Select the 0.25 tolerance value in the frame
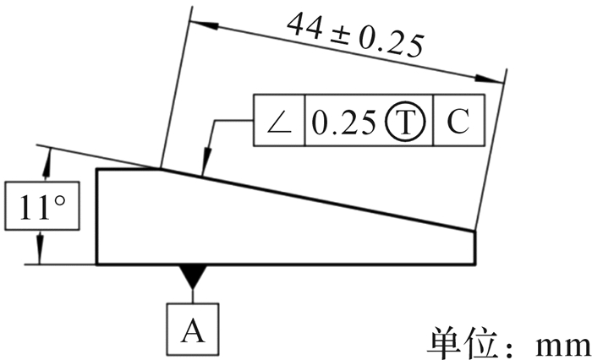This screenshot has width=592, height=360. click(x=343, y=123)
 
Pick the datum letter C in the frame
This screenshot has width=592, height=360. click(x=458, y=123)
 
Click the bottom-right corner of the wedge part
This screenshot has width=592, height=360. click(x=474, y=265)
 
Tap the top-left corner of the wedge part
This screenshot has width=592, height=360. click(x=98, y=170)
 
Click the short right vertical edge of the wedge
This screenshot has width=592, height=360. click(x=474, y=247)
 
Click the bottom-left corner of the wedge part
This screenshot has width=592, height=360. click(x=98, y=265)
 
